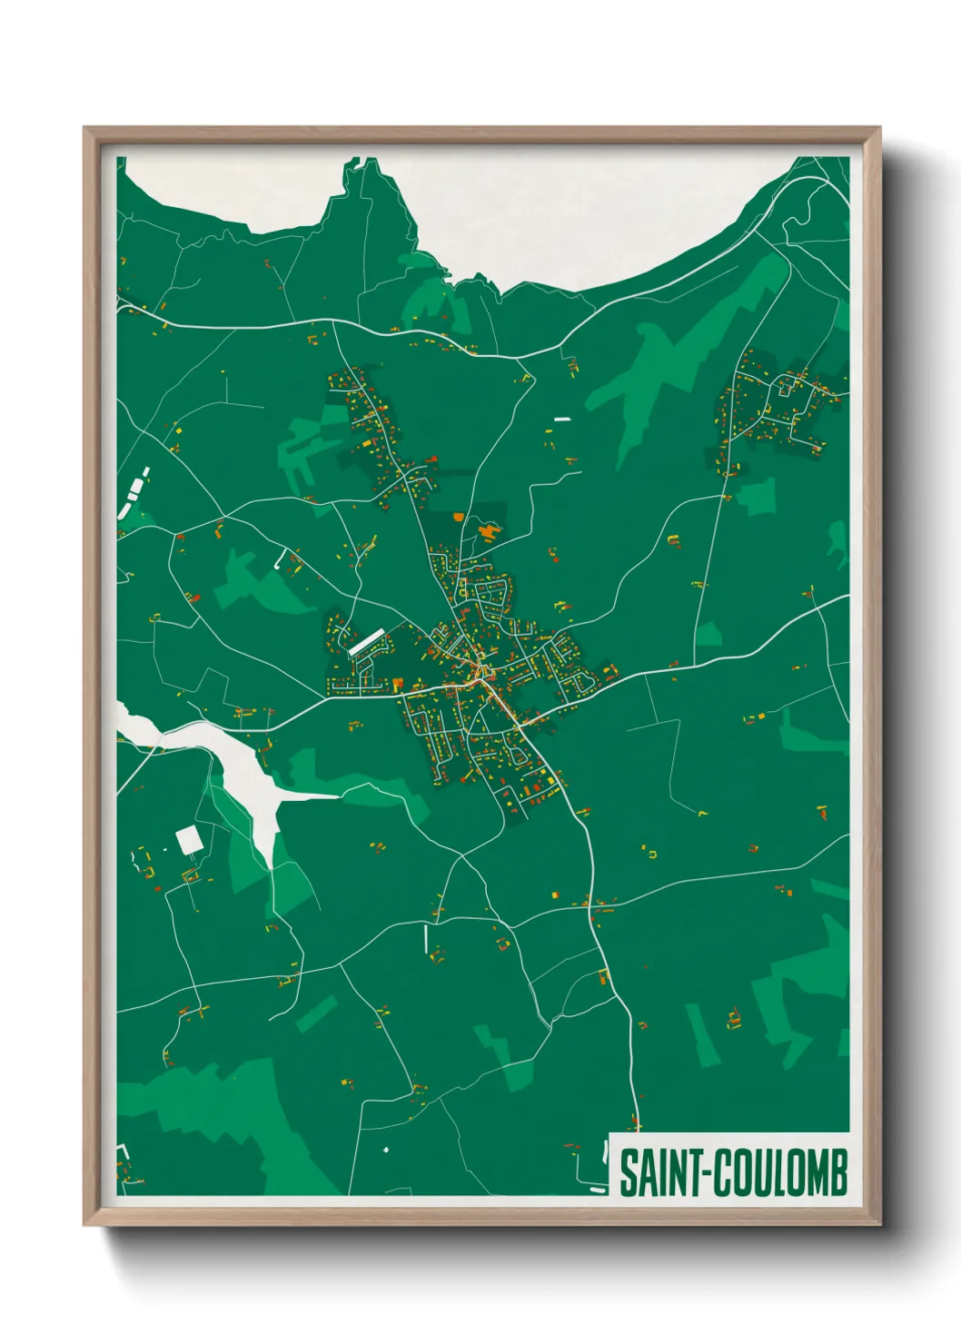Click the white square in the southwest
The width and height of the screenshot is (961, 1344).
189,840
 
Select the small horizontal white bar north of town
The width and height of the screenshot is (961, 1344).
561,419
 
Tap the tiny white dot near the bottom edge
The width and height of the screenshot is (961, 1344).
385,1150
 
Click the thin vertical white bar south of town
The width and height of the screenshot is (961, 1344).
425,938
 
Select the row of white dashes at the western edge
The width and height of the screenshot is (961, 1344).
134,491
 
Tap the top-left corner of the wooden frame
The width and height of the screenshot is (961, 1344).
84,128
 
